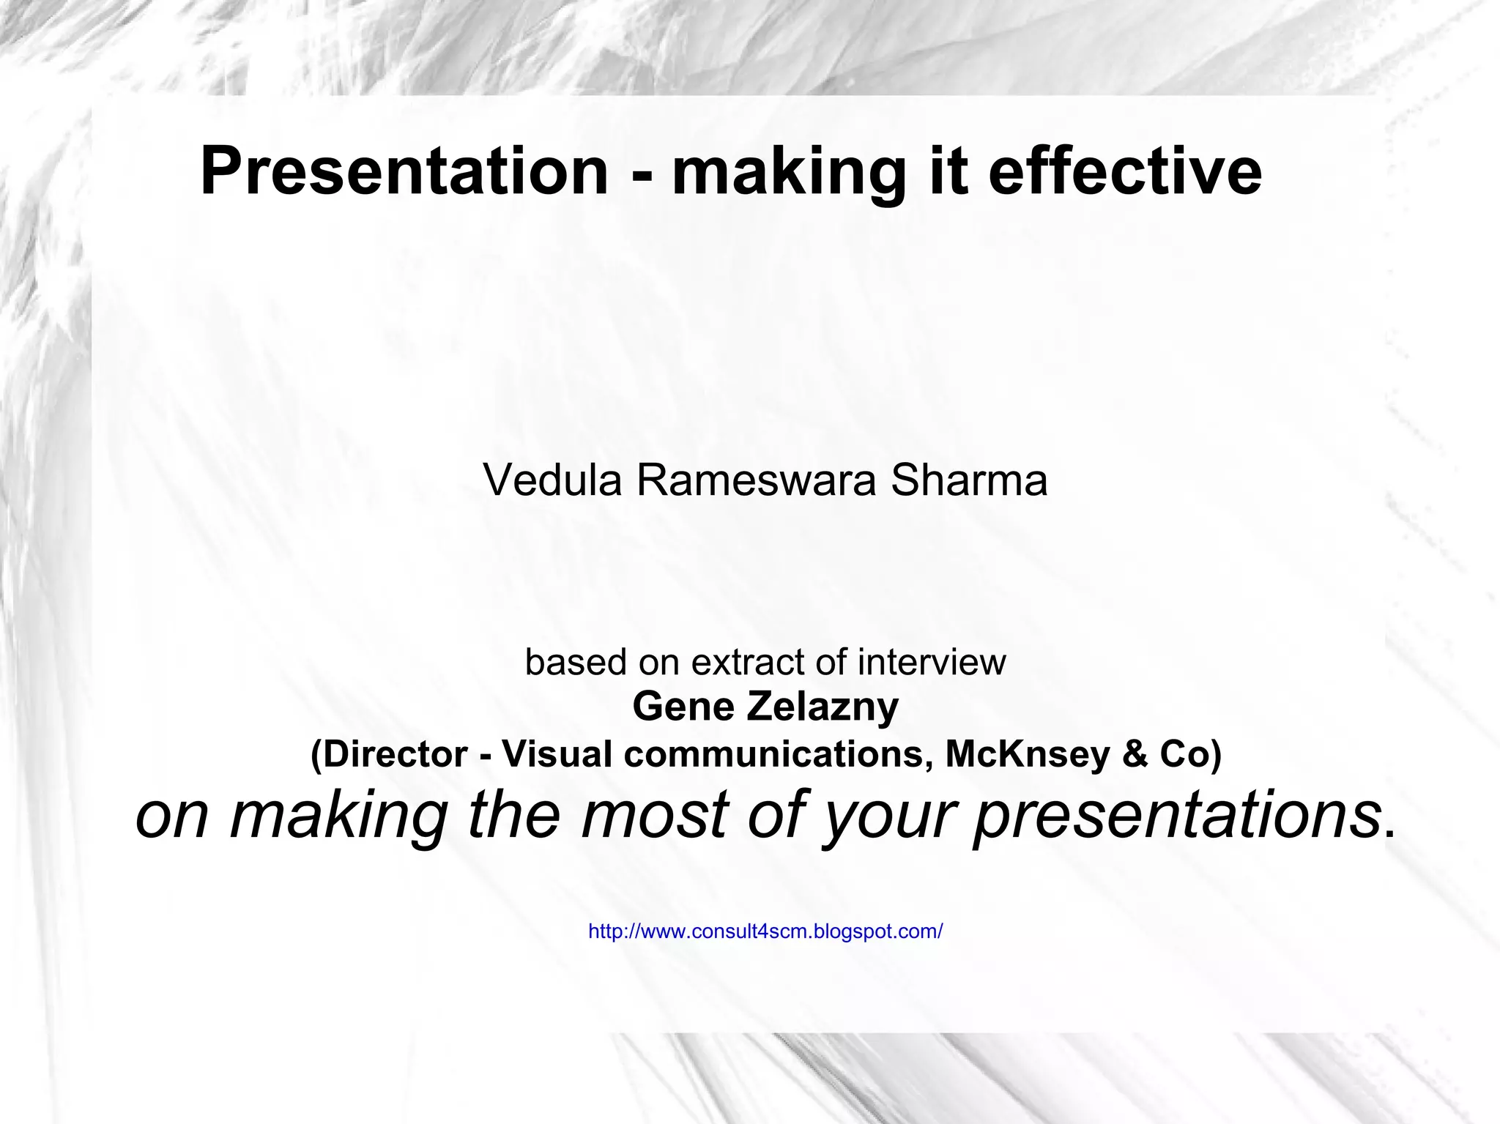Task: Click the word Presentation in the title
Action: (404, 171)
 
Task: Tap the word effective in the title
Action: (1124, 171)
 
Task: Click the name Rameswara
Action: (756, 481)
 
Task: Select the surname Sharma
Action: (968, 481)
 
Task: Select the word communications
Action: (778, 754)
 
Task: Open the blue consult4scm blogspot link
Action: (765, 931)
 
